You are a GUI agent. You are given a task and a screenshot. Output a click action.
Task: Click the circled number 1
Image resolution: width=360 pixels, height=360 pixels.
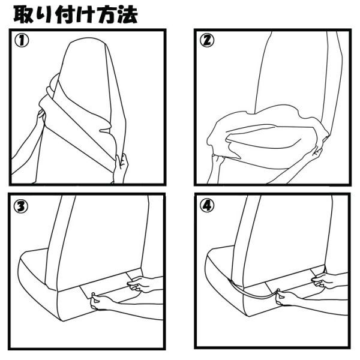[23, 41]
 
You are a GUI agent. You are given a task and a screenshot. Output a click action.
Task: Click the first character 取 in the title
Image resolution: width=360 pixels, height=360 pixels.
[25, 13]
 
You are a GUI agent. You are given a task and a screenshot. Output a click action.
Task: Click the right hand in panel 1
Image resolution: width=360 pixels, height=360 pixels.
[121, 166]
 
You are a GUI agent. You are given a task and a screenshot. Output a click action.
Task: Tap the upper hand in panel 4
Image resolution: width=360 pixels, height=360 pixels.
[323, 280]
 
